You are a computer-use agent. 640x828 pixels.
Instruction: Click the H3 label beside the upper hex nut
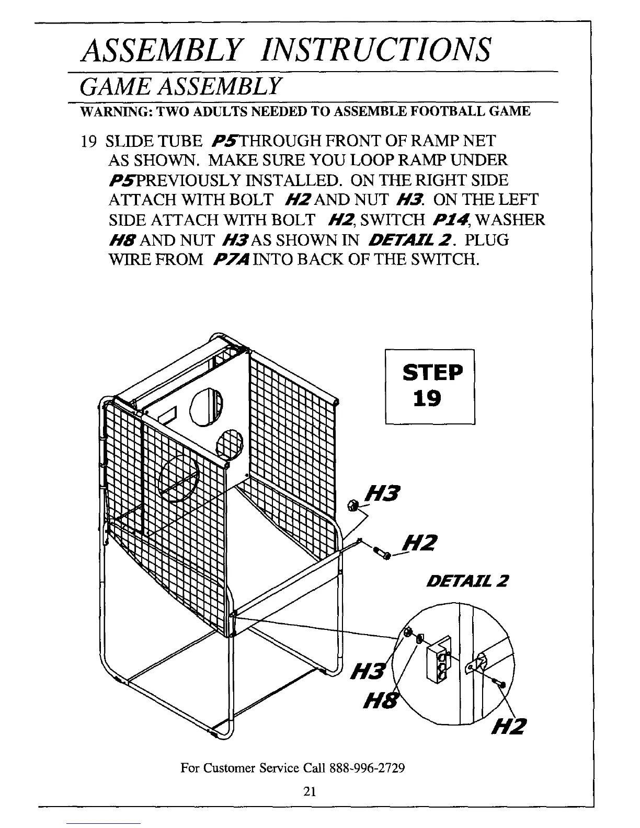pos(384,493)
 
